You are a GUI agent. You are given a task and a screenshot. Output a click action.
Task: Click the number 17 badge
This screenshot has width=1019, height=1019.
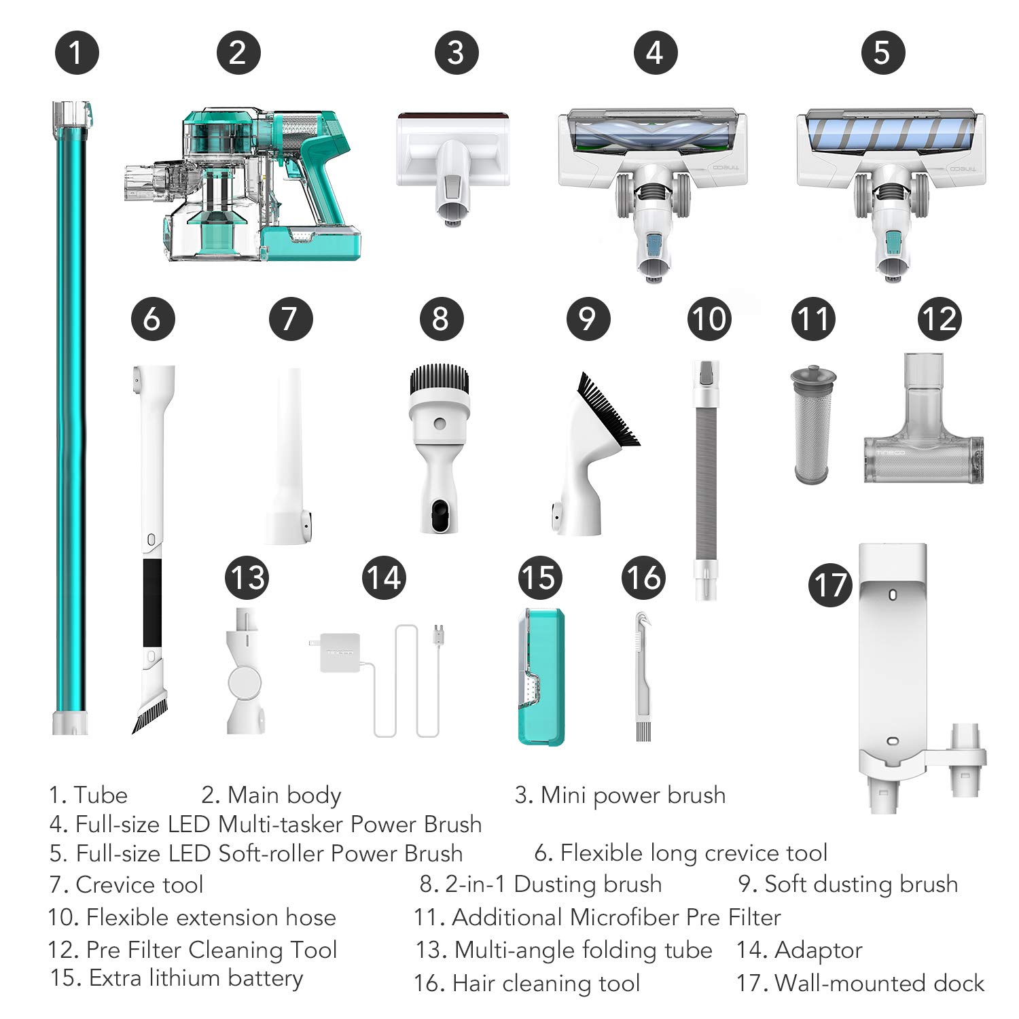coord(830,585)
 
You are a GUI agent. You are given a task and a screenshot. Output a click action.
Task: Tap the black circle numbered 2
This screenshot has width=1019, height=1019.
coord(238,52)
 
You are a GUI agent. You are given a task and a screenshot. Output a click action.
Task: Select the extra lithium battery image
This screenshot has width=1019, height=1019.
coord(541,677)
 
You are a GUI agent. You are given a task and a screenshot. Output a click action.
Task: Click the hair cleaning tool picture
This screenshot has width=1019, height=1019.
coord(638,676)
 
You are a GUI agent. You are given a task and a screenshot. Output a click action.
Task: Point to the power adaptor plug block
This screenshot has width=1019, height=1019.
coord(338,653)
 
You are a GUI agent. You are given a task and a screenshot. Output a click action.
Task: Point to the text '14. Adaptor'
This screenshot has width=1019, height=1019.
coord(799,950)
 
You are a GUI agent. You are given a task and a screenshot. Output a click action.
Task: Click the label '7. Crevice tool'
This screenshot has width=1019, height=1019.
coord(126,884)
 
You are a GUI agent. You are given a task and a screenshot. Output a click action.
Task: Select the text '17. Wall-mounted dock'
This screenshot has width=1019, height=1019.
coord(860,983)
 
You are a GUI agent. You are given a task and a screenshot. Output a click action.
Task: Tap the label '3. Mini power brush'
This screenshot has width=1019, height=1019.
coord(620,795)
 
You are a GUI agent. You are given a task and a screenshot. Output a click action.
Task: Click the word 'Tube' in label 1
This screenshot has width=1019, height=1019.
coord(101,795)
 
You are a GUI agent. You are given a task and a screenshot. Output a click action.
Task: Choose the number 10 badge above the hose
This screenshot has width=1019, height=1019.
coord(709,319)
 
